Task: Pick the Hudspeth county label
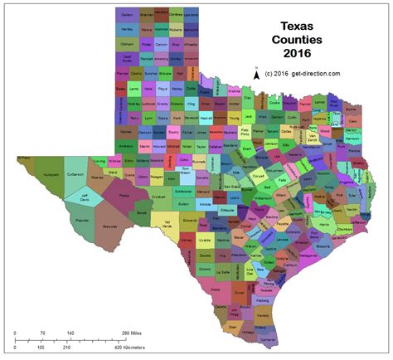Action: [51, 175]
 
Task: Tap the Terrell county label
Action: [141, 213]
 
